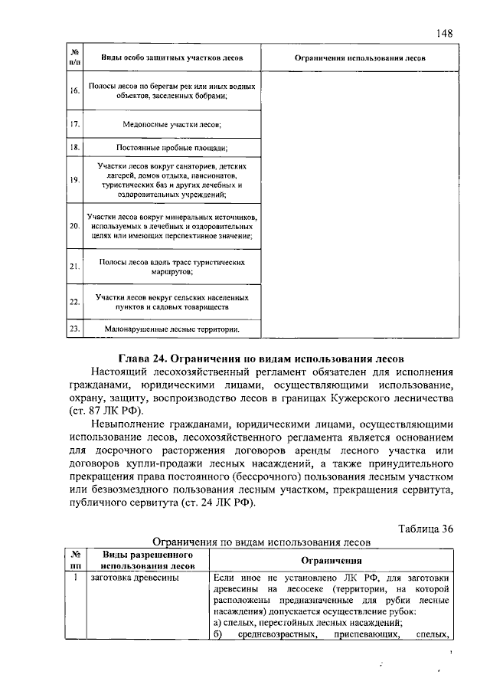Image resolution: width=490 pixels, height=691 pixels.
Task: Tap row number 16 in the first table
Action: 74,91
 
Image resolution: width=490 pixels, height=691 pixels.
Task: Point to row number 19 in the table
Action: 74,179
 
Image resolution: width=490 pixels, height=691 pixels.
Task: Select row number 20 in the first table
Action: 74,227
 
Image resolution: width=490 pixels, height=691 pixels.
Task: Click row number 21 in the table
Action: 74,267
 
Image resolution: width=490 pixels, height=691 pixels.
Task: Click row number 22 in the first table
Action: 74,302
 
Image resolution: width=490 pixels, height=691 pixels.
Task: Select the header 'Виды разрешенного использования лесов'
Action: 142,560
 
